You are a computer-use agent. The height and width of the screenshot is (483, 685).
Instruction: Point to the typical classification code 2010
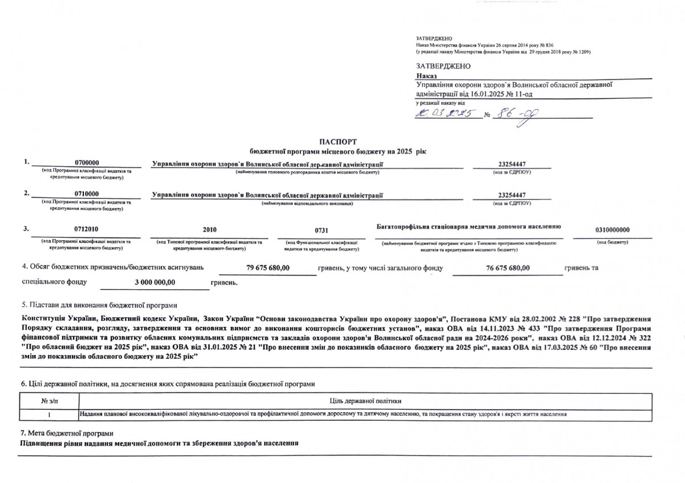(209, 229)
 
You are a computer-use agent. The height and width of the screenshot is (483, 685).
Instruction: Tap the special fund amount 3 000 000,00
(155, 282)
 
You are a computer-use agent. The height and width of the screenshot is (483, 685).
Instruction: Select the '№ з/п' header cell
(50, 401)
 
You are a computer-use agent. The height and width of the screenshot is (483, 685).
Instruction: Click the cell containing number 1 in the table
(50, 413)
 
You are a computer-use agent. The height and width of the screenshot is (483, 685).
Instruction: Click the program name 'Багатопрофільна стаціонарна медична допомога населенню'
(469, 227)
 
